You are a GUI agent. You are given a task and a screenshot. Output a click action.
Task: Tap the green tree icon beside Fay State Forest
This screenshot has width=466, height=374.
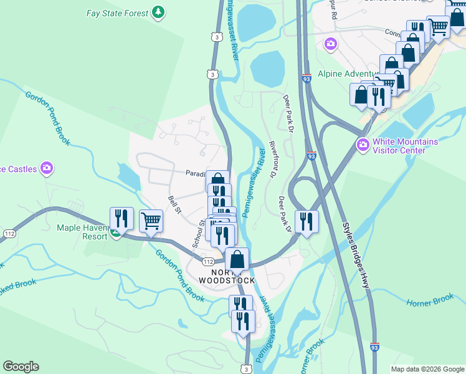click(159, 12)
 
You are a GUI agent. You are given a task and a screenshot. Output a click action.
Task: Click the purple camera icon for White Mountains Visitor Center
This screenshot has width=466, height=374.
click(363, 145)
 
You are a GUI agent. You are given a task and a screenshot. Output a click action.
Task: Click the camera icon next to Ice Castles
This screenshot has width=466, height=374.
click(46, 168)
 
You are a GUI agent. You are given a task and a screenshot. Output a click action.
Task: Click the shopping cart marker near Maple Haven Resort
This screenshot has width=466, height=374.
click(151, 220)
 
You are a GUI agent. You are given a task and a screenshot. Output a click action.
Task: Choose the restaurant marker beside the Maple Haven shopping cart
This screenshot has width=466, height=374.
click(121, 218)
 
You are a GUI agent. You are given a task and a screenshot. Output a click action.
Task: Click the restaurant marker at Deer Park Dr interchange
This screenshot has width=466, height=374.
click(307, 221)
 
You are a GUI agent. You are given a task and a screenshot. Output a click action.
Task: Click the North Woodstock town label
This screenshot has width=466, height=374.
click(227, 277)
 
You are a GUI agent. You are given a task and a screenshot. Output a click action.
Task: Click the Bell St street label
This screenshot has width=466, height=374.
click(174, 204)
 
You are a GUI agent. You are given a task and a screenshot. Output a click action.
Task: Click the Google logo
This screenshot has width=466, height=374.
click(21, 367)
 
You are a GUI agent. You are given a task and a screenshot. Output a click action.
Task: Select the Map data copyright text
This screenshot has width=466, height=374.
click(427, 369)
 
